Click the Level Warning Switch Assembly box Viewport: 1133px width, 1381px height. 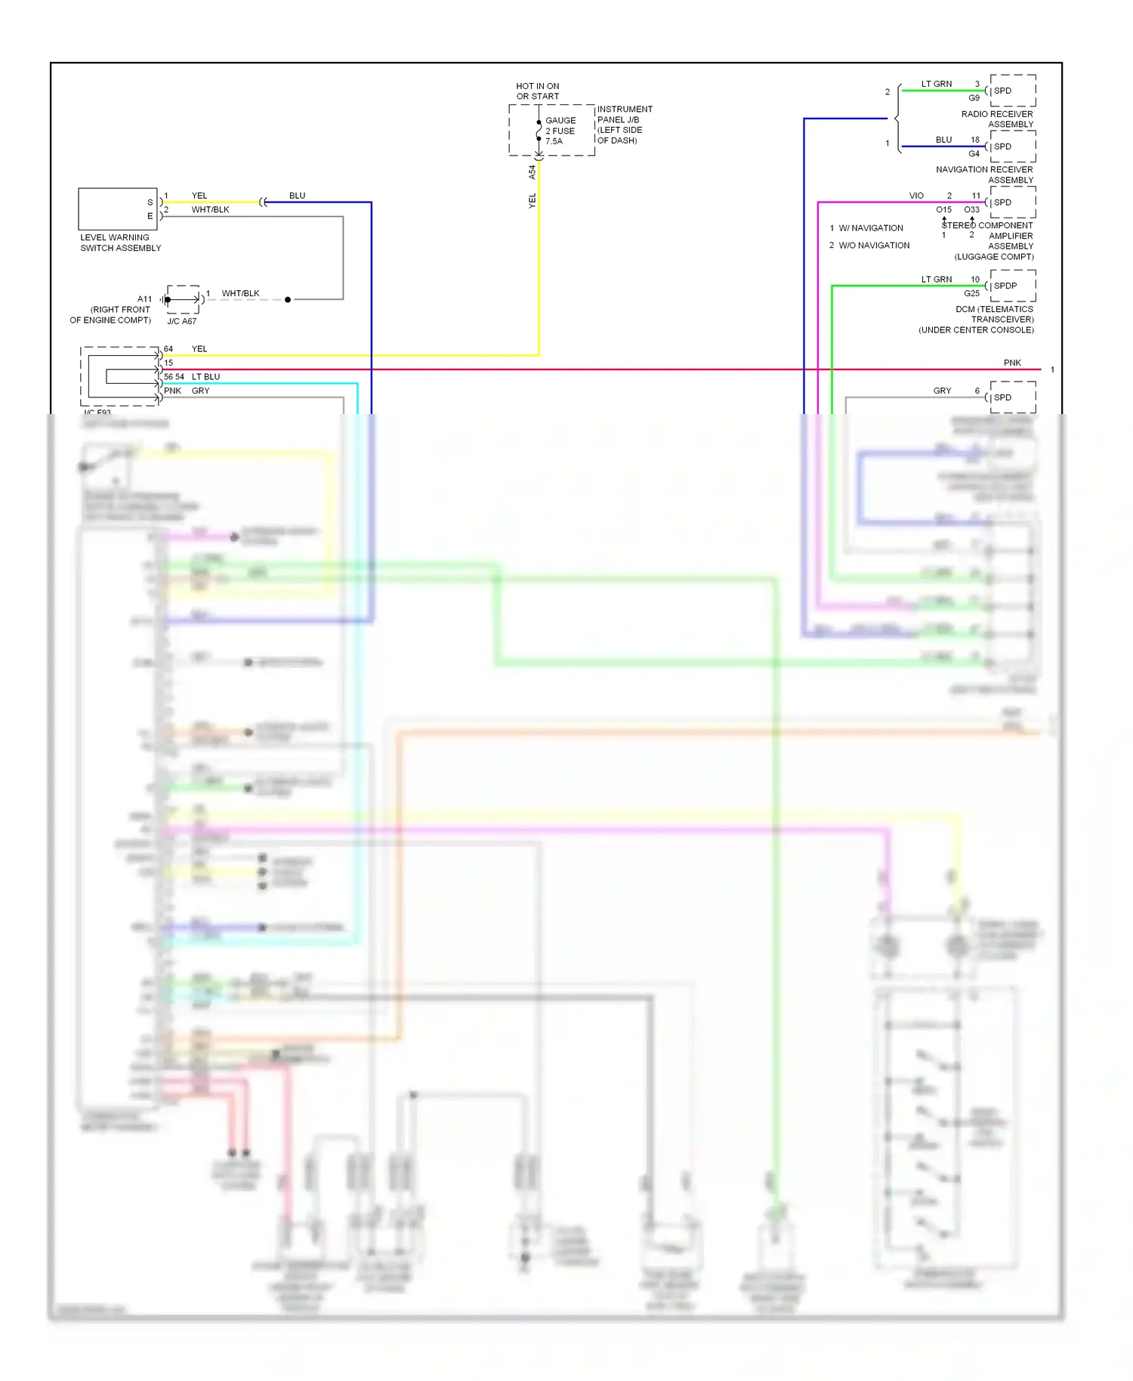pos(117,209)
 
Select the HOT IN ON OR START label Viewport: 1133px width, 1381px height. pos(537,91)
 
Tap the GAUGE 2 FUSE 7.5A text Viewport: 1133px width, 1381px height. pos(560,131)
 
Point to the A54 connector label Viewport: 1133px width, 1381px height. pos(532,172)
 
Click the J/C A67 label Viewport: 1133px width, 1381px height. pos(181,321)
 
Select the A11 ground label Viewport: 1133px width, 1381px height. pos(144,299)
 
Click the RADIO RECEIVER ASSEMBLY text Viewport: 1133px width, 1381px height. pos(996,119)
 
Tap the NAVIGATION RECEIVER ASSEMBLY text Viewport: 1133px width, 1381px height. pos(984,175)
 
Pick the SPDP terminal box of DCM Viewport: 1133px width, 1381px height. pos(1012,286)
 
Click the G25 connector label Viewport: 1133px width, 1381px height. pos(971,293)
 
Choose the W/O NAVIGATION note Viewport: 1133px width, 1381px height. pos(873,246)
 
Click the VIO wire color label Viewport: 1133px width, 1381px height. pos(916,196)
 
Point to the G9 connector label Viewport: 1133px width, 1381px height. pos(974,98)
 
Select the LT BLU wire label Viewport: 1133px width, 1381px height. pos(205,376)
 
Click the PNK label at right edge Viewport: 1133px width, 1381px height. pos(1012,363)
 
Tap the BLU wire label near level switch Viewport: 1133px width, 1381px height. pos(297,196)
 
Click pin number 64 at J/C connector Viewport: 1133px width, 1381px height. pos(168,349)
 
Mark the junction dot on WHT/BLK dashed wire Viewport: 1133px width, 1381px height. pos(288,300)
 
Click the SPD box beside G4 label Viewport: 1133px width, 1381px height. pos(1012,147)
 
